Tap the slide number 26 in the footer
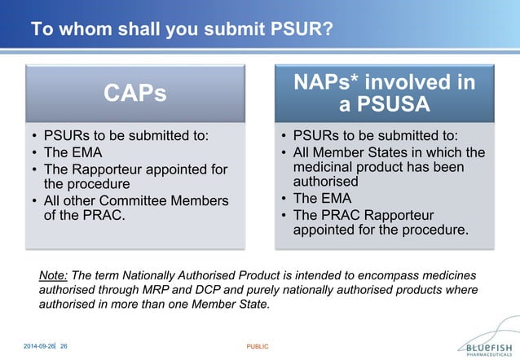click(x=63, y=347)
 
